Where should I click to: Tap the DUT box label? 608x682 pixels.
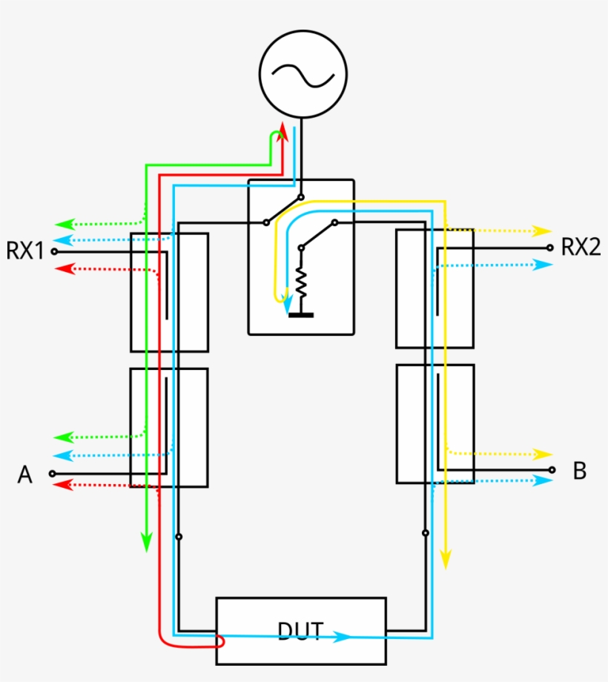click(300, 631)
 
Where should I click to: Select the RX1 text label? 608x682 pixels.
click(25, 251)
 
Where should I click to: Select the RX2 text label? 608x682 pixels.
click(581, 247)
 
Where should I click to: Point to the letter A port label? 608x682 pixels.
click(25, 474)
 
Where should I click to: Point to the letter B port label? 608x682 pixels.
click(580, 471)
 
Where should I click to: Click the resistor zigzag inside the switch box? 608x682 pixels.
click(302, 282)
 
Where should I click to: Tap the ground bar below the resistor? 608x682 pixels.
click(301, 314)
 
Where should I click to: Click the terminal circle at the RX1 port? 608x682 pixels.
click(53, 251)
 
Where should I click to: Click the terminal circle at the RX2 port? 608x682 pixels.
click(549, 248)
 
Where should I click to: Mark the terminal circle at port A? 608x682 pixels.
click(52, 473)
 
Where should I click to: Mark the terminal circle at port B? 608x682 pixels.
click(551, 469)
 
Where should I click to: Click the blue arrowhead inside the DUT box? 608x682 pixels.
click(342, 636)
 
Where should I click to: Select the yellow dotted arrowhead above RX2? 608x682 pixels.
click(544, 231)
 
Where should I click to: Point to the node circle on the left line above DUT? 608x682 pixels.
click(178, 536)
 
